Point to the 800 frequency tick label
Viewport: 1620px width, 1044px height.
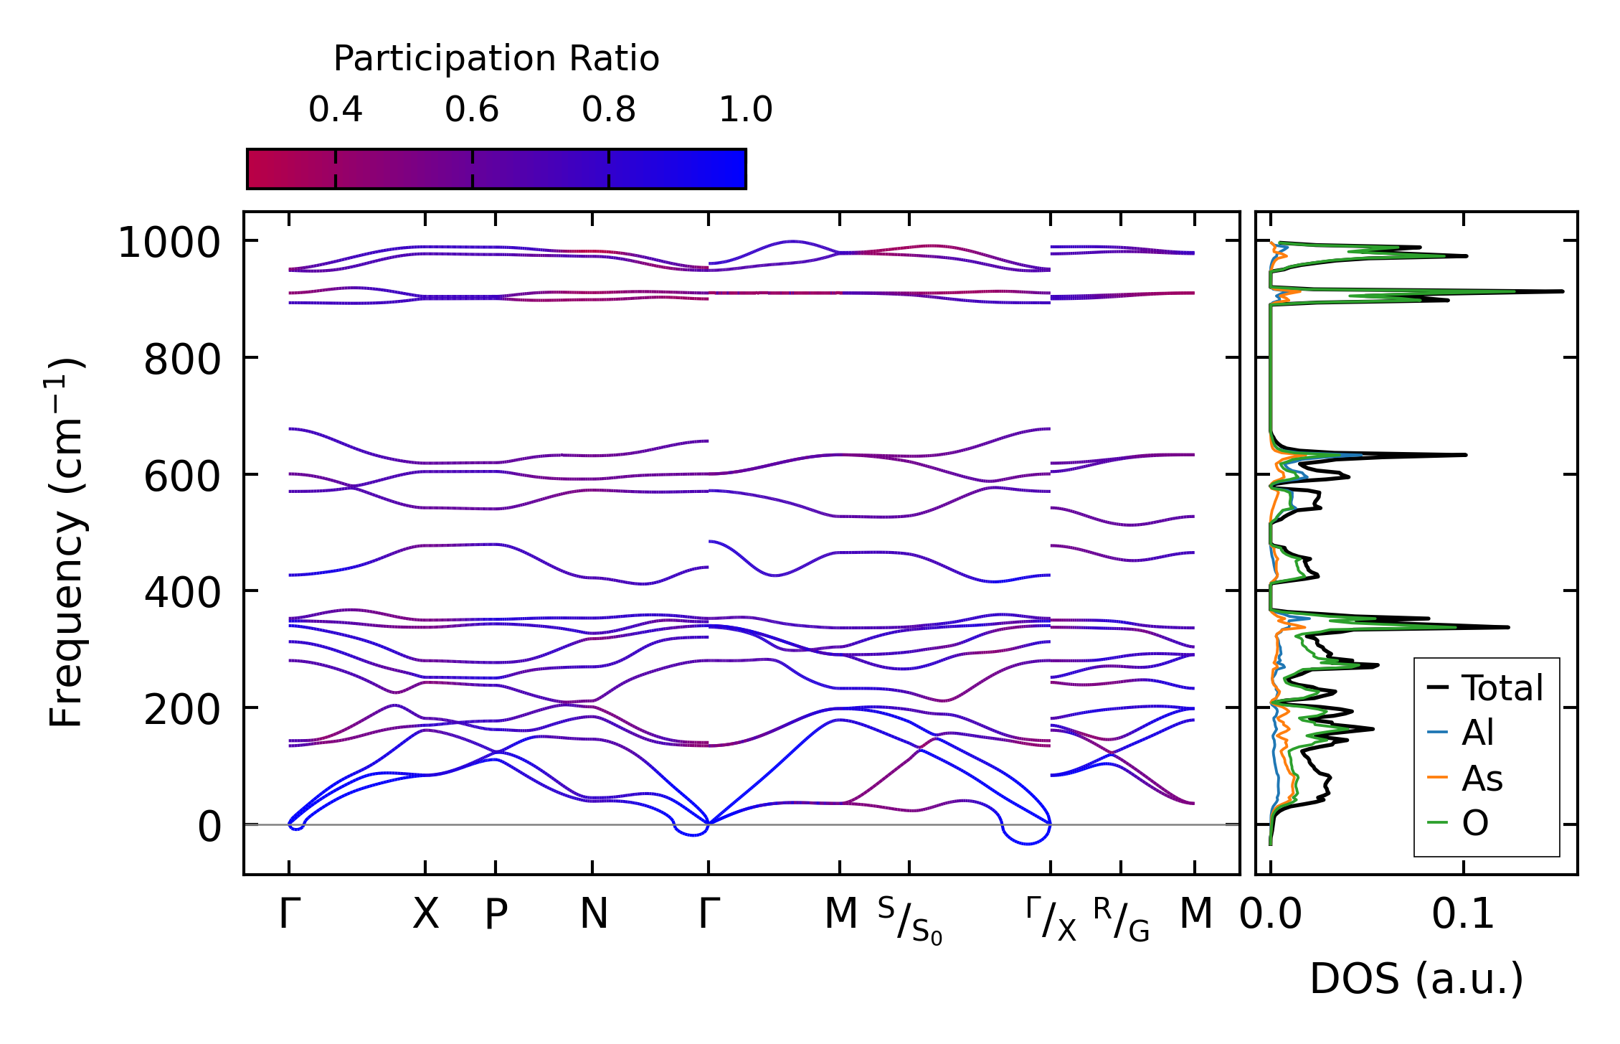pos(182,359)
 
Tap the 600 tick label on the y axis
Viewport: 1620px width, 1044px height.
pos(182,476)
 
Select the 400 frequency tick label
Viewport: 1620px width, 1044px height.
pos(182,593)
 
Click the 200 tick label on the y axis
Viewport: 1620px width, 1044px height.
pos(182,710)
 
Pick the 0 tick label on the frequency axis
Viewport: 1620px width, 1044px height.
pos(209,827)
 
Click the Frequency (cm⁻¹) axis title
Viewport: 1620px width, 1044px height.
pos(67,542)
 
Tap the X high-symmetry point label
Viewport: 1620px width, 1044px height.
pos(425,914)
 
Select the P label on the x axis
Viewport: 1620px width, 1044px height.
pos(496,914)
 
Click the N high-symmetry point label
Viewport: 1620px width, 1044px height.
pos(593,914)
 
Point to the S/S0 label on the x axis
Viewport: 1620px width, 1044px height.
pos(909,921)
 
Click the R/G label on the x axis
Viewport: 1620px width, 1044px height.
pos(1121,920)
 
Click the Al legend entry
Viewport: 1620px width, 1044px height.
pos(1477,733)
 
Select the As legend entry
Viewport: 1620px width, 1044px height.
pos(1482,779)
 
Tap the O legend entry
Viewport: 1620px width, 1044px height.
pos(1475,823)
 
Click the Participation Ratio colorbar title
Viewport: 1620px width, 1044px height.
pos(496,59)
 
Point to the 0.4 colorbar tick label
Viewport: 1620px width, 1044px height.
pos(335,110)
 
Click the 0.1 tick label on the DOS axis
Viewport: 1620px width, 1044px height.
pos(1463,914)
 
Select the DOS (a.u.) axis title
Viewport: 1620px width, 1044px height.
pos(1416,979)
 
